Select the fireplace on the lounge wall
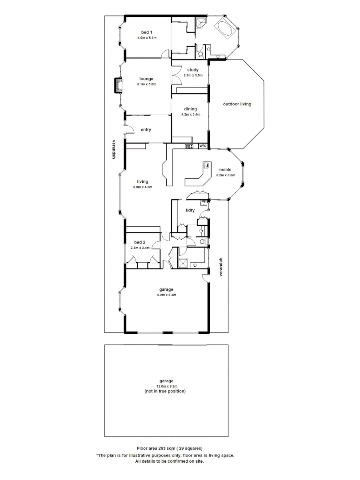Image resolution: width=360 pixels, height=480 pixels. [118, 85]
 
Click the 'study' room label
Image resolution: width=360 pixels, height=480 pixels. [192, 70]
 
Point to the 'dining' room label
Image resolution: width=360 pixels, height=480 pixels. [190, 109]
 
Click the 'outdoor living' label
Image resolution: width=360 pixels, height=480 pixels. [237, 104]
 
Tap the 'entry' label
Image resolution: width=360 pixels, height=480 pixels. [146, 130]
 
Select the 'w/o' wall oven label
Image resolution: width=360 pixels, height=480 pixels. [203, 146]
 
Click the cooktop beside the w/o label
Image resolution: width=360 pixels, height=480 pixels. [189, 146]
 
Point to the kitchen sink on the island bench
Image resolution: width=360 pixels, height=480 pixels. [207, 165]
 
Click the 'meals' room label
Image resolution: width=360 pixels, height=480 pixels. [225, 169]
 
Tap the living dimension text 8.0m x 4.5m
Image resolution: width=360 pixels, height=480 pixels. [143, 187]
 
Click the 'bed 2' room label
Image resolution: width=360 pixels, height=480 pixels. [140, 243]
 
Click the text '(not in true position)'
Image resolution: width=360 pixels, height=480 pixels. [165, 392]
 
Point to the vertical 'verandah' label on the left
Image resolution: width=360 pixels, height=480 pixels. [114, 150]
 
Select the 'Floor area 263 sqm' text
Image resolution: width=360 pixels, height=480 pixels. [171, 448]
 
